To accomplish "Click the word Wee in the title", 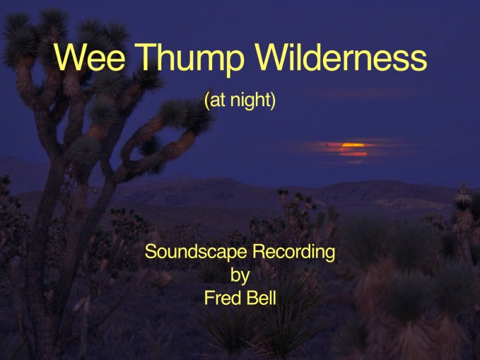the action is click(x=89, y=57).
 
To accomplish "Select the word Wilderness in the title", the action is click(x=341, y=57).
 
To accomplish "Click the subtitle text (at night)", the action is click(x=240, y=101).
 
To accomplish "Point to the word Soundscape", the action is click(x=196, y=252).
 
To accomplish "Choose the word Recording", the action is click(x=293, y=252).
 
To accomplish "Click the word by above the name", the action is click(x=240, y=275).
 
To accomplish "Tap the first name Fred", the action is click(x=222, y=298).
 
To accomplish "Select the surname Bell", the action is click(x=261, y=298).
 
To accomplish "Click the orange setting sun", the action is click(x=353, y=149).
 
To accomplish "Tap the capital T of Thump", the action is click(x=145, y=57).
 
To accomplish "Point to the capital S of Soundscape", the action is click(x=150, y=252).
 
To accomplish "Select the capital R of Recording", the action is click(x=258, y=252).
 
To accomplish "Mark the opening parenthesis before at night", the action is click(x=206, y=101).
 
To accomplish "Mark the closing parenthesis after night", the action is click(x=274, y=101).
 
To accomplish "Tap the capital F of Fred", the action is click(x=209, y=298).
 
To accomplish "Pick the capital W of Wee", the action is click(x=71, y=57).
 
